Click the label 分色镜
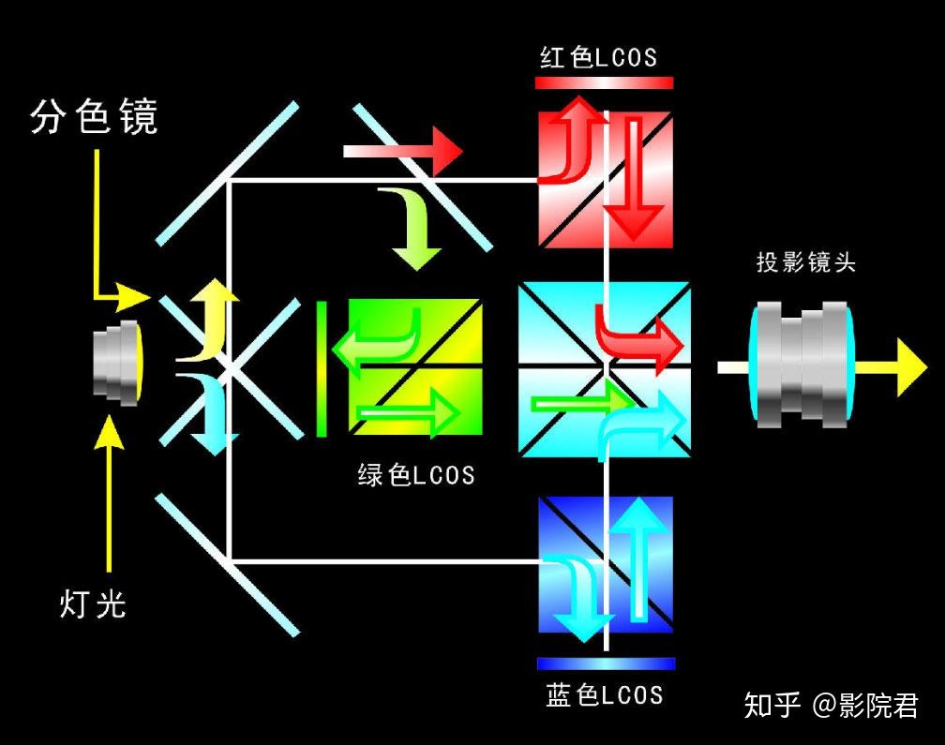[x=94, y=115]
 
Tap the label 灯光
[x=92, y=603]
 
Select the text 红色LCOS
[x=598, y=58]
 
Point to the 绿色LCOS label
[x=416, y=474]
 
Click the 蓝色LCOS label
[x=605, y=694]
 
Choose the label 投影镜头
[x=806, y=262]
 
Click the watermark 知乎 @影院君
[x=831, y=706]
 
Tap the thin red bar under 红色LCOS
[x=604, y=83]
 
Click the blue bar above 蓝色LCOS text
[x=607, y=663]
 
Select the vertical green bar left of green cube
[x=322, y=368]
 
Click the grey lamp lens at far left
[x=118, y=364]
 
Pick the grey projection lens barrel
[x=802, y=365]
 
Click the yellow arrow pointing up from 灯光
[x=109, y=493]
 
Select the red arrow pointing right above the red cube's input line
[x=402, y=151]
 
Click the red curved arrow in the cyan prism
[x=638, y=338]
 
